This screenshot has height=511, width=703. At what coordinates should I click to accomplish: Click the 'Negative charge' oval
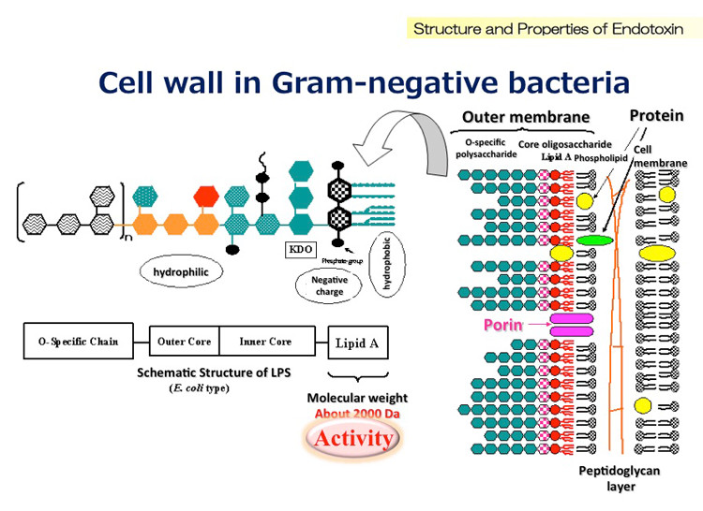330,285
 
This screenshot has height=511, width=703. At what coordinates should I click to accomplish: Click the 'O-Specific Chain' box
72,342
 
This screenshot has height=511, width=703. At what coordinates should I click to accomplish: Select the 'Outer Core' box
185,342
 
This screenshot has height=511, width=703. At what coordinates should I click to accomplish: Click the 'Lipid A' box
357,343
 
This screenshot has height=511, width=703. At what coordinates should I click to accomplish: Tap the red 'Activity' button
353,438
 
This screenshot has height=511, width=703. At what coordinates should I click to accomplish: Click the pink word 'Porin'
502,325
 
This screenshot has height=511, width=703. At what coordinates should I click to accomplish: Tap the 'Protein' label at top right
656,115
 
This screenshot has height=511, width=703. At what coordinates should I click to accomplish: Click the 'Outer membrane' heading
526,118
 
